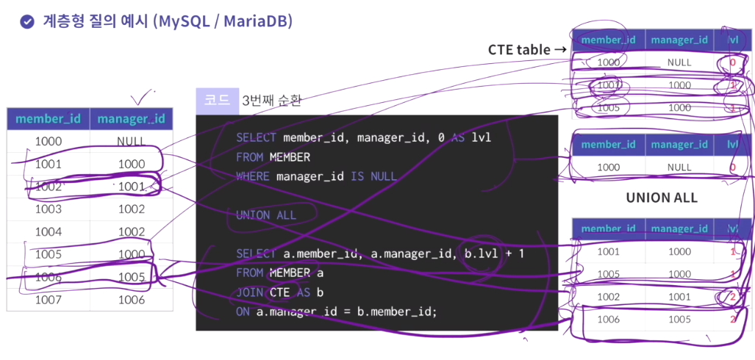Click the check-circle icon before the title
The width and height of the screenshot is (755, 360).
coord(26,22)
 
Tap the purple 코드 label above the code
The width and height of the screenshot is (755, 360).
coord(217,100)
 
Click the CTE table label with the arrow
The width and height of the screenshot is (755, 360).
coord(527,49)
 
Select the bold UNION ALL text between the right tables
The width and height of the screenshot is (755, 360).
coord(661,198)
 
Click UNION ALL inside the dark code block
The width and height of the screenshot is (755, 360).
coord(266,215)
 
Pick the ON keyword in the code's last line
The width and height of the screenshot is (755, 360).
coord(243,312)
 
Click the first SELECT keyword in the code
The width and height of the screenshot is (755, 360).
coord(256,138)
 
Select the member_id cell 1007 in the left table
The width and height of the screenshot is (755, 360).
coord(48,299)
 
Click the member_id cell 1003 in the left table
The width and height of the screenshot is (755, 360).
coord(48,209)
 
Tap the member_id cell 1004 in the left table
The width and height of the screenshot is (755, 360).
coord(48,231)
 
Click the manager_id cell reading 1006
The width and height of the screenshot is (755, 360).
coord(132,299)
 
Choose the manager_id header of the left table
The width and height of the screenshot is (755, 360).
coord(131,119)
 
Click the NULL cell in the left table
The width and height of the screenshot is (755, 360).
coord(131,141)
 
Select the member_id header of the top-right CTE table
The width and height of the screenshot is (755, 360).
coord(608,40)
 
